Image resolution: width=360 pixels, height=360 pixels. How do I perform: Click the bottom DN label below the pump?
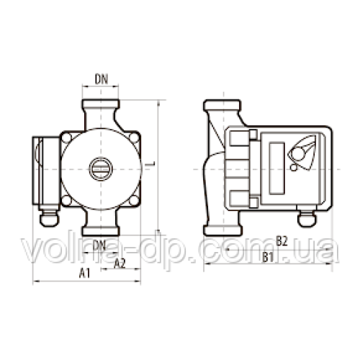click(x=100, y=246)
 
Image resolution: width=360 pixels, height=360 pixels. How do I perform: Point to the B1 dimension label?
click(x=269, y=256)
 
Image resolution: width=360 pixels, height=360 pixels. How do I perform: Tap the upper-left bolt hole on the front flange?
click(x=67, y=138)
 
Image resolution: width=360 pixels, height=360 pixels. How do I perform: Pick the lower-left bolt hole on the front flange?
click(x=67, y=203)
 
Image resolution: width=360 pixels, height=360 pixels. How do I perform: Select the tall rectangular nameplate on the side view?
click(x=274, y=166)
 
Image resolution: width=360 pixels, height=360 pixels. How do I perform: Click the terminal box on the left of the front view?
click(x=42, y=169)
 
